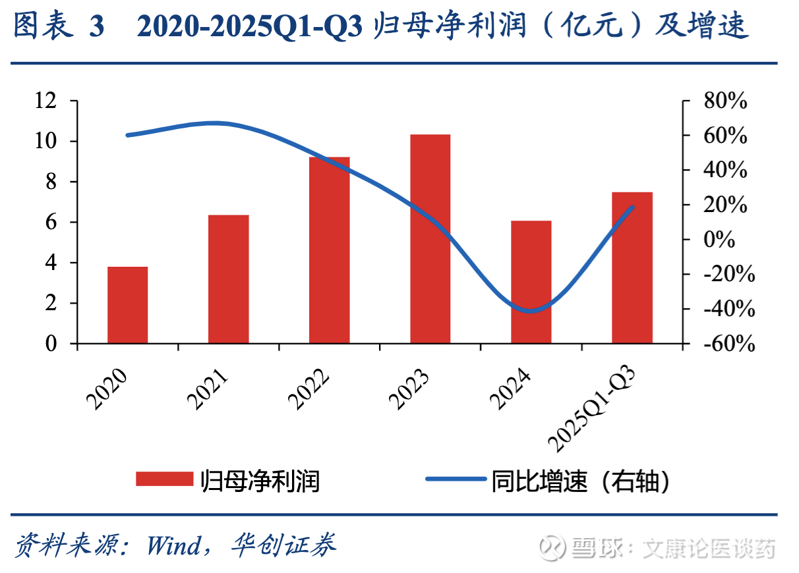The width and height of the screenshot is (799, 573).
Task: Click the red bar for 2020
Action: pyautogui.click(x=128, y=305)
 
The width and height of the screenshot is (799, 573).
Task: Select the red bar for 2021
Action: pyautogui.click(x=229, y=279)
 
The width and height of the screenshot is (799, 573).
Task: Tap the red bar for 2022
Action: pyautogui.click(x=330, y=250)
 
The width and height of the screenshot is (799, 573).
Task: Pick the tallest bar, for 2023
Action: pyautogui.click(x=430, y=238)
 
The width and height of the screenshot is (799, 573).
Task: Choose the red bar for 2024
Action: pyautogui.click(x=531, y=282)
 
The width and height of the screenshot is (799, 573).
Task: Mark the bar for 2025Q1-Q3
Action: pyautogui.click(x=632, y=267)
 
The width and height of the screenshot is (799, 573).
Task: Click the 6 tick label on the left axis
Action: pyautogui.click(x=52, y=223)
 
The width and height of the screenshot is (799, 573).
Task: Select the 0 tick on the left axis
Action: pyautogui.click(x=52, y=344)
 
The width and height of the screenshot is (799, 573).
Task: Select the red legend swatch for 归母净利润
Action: pyautogui.click(x=164, y=479)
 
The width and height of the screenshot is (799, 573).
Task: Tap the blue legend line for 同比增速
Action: pyautogui.click(x=455, y=479)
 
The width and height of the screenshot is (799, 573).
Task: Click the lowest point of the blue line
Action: pyautogui.click(x=531, y=311)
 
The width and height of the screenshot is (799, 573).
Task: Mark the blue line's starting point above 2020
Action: pyautogui.click(x=127, y=135)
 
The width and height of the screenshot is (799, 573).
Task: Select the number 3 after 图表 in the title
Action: pyautogui.click(x=96, y=28)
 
